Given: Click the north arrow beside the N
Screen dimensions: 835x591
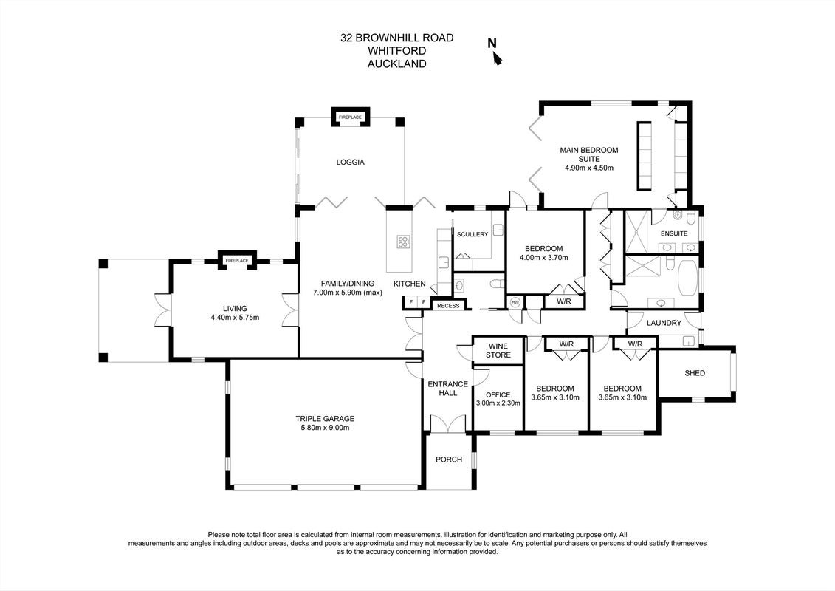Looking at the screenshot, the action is click(498, 58).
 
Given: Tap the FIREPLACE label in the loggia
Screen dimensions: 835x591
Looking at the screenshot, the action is click(351, 117).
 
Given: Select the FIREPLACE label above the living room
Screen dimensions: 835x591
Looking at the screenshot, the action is click(237, 261).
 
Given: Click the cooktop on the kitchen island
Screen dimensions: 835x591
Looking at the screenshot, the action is click(403, 242).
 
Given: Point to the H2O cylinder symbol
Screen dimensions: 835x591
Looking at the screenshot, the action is click(515, 302).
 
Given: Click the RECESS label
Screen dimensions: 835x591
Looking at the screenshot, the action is click(448, 305).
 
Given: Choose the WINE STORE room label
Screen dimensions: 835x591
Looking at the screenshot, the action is click(498, 351).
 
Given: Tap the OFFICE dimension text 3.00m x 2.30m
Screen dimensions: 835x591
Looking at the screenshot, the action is click(498, 403).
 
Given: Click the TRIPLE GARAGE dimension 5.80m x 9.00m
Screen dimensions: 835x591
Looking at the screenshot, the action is click(325, 428).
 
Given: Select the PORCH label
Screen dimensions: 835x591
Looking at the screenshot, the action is click(449, 460).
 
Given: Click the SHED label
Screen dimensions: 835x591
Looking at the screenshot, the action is click(695, 373).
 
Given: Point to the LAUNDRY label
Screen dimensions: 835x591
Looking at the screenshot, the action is click(664, 323).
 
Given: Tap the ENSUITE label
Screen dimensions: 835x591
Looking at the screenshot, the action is click(674, 233).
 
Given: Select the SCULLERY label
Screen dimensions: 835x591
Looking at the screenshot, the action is click(473, 234).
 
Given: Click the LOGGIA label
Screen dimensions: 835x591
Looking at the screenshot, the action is click(351, 162).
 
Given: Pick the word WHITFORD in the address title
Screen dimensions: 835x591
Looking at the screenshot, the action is click(397, 51).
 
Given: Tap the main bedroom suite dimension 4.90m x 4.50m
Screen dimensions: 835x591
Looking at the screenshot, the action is click(589, 168).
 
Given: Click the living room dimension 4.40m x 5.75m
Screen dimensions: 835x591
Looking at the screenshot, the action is click(235, 318).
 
